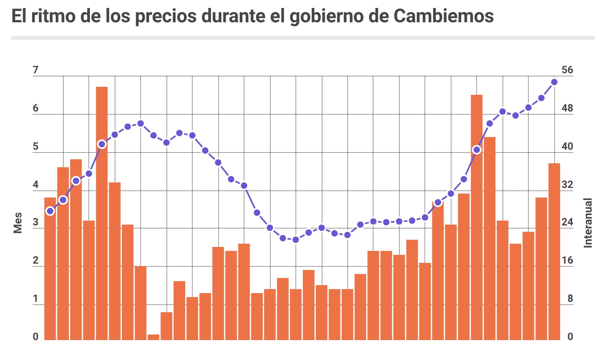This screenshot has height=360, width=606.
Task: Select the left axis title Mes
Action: (18, 223)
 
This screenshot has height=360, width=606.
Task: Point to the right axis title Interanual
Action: (588, 223)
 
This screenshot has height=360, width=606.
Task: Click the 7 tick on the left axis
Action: (35, 70)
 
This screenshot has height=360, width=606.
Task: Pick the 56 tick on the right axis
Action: (567, 70)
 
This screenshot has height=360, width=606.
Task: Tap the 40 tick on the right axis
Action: (567, 147)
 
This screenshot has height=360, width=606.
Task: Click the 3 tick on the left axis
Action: (35, 223)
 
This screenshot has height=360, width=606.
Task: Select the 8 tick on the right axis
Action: (570, 299)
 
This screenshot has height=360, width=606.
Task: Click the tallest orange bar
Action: (102, 213)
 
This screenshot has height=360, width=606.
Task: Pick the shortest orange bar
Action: (153, 337)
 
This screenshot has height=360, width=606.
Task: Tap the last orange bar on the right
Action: (554, 252)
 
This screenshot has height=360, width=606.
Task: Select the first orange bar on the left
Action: (50, 269)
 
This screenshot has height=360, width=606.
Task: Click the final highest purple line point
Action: (554, 82)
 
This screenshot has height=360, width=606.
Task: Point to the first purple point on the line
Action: (50, 211)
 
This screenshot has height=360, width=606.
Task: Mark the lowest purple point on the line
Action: (295, 240)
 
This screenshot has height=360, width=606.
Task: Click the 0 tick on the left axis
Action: (35, 337)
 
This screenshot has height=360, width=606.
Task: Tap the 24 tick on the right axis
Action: (567, 223)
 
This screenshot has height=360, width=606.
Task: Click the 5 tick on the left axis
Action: (35, 147)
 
